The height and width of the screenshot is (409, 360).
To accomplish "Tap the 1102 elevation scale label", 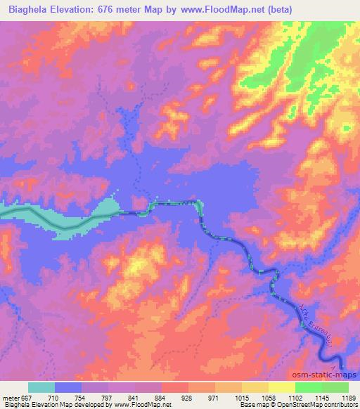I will tap(295, 397).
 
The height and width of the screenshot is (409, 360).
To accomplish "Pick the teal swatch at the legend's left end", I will tap(41, 387).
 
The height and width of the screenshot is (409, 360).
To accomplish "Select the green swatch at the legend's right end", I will tap(335, 387).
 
